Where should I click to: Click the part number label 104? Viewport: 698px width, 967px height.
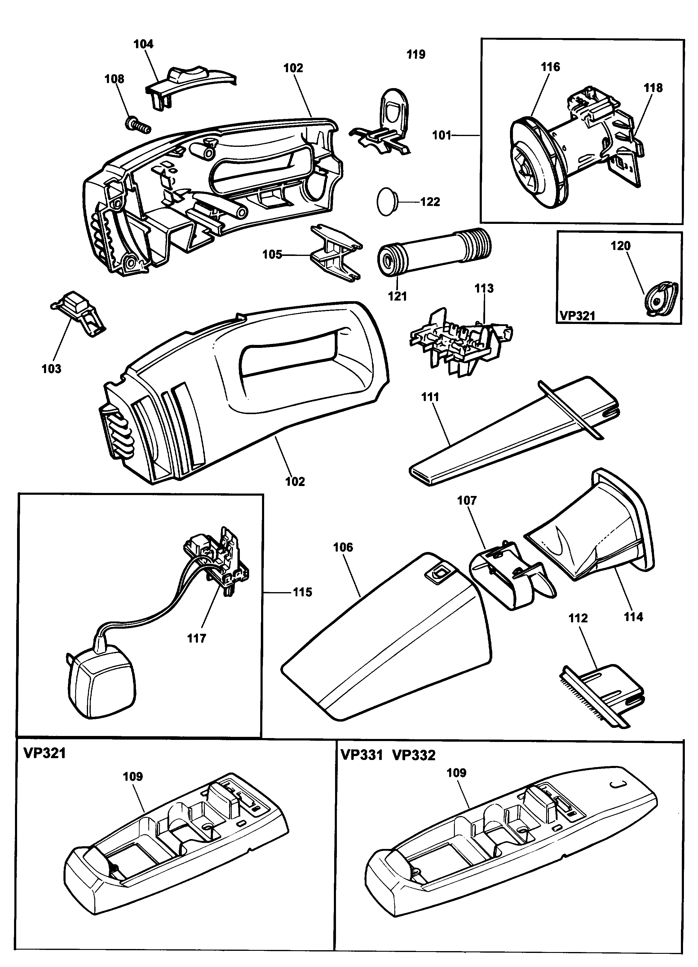[144, 44]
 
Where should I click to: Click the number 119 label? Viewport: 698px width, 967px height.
[416, 54]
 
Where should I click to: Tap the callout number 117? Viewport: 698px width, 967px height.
[196, 638]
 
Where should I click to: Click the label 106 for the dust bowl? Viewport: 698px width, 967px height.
[343, 547]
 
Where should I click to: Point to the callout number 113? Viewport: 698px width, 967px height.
[484, 288]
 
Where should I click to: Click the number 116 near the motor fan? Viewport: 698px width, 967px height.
[551, 67]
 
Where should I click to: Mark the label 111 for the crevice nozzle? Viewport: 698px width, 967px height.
[430, 397]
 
